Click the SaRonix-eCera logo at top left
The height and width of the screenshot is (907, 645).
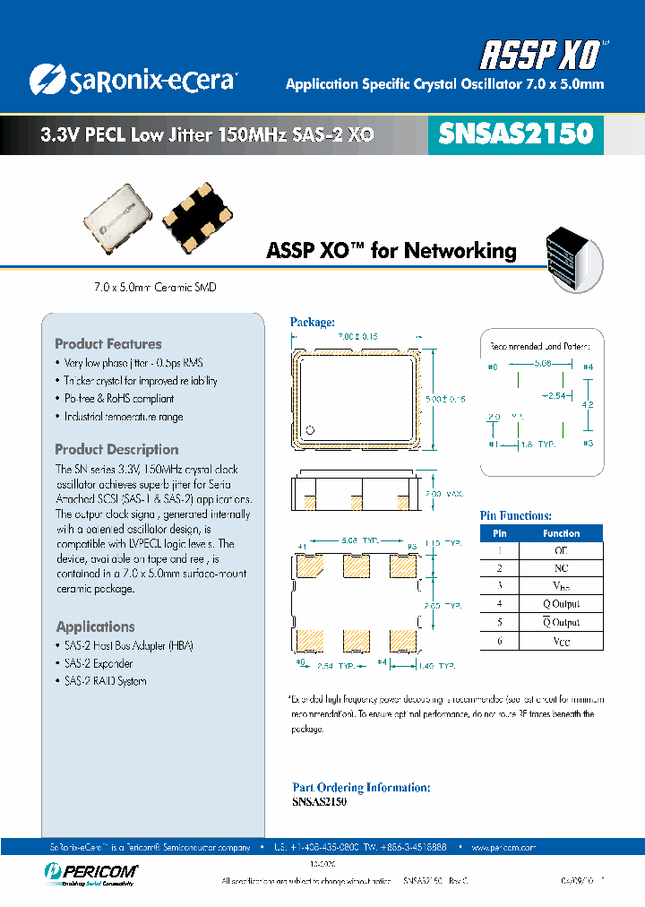pos(133,80)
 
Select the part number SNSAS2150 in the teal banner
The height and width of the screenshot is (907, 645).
pos(515,134)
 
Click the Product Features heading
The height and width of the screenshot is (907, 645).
pos(108,344)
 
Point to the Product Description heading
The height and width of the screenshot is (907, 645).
pos(116,450)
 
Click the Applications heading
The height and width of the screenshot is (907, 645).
pos(95,626)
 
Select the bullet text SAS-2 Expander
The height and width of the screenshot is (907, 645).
pos(98,663)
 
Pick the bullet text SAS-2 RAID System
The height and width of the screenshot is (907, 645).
pos(105,681)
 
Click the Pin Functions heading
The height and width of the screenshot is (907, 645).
pos(516,515)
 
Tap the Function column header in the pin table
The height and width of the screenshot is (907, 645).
pos(561,533)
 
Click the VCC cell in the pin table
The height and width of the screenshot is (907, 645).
pos(562,642)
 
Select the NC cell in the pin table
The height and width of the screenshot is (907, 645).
pos(562,568)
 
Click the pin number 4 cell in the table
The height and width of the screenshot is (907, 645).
pos(500,605)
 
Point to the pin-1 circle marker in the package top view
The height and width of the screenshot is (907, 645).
pos(310,428)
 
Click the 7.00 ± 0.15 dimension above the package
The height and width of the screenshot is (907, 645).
pos(357,335)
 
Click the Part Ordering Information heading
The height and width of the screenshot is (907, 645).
pos(361,787)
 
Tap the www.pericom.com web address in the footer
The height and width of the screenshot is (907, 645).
pos(502,847)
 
